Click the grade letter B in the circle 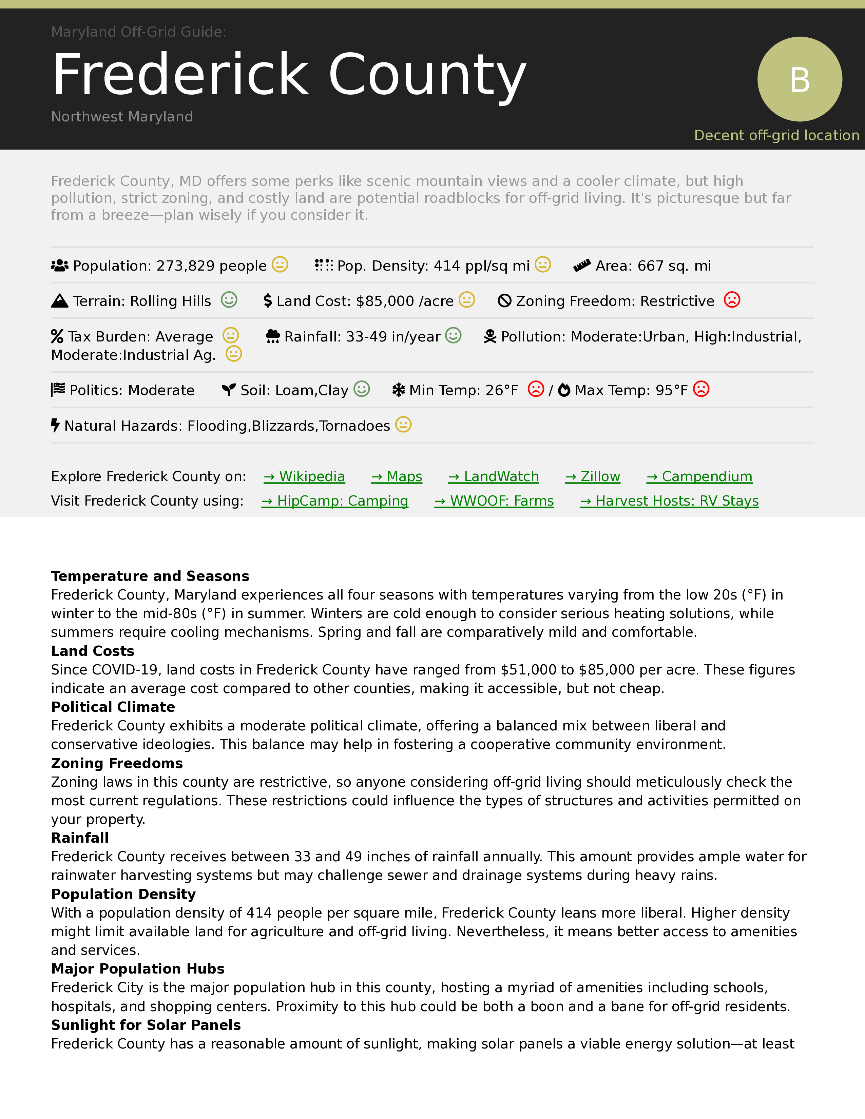point(800,80)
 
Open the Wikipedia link point(304,476)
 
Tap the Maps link point(397,476)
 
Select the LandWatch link point(494,476)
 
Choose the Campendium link point(699,476)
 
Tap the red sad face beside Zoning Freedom point(732,300)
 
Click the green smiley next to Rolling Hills point(229,300)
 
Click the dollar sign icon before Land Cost point(268,301)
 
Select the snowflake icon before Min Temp point(398,390)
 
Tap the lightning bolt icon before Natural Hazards point(55,425)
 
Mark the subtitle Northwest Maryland point(122,117)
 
